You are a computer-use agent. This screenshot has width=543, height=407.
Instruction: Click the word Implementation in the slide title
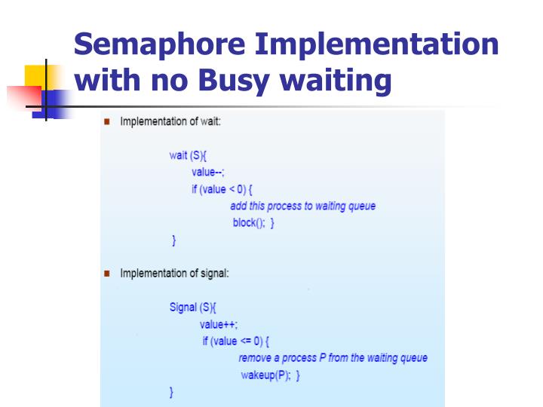point(376,45)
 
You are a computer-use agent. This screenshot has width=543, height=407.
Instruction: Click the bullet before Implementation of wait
point(107,122)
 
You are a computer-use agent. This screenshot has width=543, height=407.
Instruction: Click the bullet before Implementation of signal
point(107,273)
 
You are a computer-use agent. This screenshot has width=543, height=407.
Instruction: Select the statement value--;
point(207,173)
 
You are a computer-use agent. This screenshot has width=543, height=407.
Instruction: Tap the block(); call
point(248,223)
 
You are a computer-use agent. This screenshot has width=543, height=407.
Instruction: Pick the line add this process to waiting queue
point(302,206)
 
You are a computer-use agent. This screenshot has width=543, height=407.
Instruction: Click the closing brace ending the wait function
point(173,240)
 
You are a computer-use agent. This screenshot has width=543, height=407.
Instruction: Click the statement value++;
point(219,324)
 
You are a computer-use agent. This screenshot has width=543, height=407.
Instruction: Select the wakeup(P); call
point(265,375)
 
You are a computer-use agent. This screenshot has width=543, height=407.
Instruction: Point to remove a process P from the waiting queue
point(333,358)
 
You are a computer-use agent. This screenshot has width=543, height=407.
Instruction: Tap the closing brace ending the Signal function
point(171,393)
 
